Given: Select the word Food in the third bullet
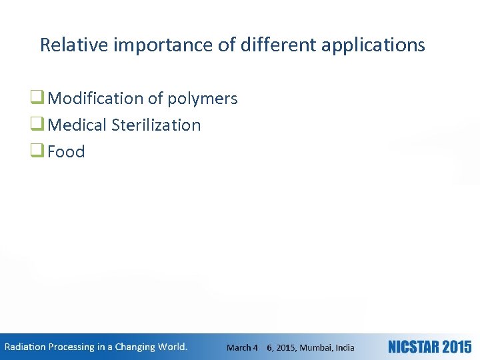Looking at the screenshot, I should (x=67, y=151).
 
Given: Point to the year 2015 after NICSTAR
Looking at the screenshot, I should (x=456, y=347).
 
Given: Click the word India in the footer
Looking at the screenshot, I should (x=345, y=347).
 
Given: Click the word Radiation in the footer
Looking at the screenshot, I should (x=25, y=347).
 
